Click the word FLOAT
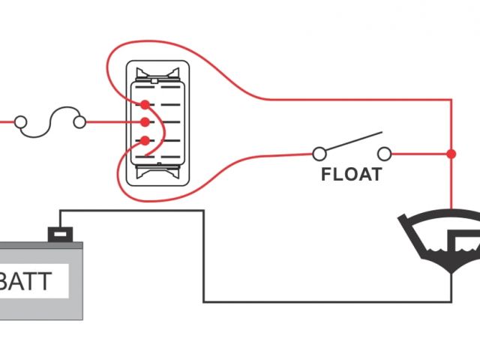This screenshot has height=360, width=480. (352, 175)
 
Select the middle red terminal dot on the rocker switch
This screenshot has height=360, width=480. (144, 121)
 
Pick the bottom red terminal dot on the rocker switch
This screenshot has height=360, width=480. (144, 139)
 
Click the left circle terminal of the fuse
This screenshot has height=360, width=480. (21, 121)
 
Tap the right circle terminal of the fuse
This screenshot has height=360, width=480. (79, 121)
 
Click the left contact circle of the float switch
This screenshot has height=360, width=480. (319, 154)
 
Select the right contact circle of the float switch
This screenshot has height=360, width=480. (385, 154)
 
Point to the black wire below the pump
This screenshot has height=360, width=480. (451, 289)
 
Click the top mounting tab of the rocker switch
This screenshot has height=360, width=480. (157, 73)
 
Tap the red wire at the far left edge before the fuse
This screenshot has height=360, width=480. (6, 121)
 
